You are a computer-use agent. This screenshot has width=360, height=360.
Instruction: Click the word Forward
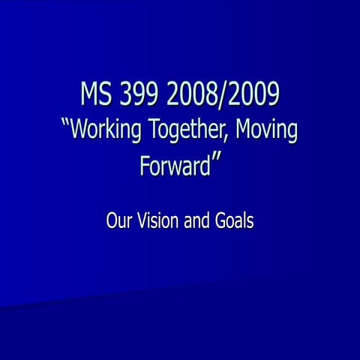pos(174,166)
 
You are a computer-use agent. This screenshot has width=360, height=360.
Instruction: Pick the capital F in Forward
pos(145,165)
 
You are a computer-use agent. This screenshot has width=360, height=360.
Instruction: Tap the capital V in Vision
pos(139,221)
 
